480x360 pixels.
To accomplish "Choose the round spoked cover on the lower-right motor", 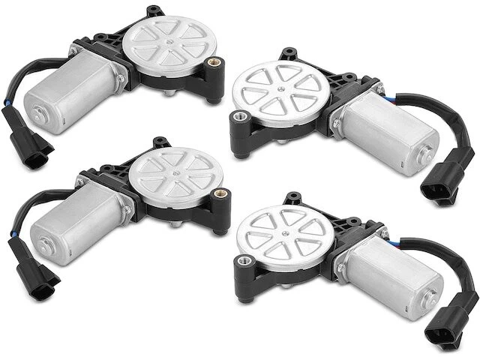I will pyautogui.click(x=280, y=237).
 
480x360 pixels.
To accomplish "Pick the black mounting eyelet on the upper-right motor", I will pyautogui.click(x=241, y=120).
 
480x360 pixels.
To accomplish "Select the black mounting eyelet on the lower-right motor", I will pyautogui.click(x=243, y=262).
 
